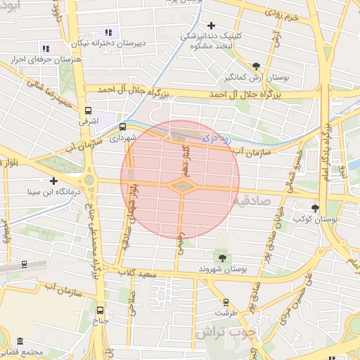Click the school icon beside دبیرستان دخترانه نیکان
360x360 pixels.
(x=108, y=32)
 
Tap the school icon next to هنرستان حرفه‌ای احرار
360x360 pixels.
(x=46, y=49)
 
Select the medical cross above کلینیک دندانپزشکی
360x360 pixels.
(x=211, y=25)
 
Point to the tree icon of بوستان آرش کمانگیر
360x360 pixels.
(x=255, y=66)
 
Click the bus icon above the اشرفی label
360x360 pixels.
(x=88, y=110)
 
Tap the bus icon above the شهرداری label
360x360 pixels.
(x=123, y=127)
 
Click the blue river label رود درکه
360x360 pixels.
(x=216, y=138)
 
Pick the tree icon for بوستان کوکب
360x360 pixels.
(x=315, y=208)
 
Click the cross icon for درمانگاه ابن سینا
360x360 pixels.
(x=53, y=181)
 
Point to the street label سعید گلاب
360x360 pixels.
(x=136, y=273)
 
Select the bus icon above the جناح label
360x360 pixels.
(x=100, y=310)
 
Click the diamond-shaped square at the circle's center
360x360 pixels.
(x=181, y=185)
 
